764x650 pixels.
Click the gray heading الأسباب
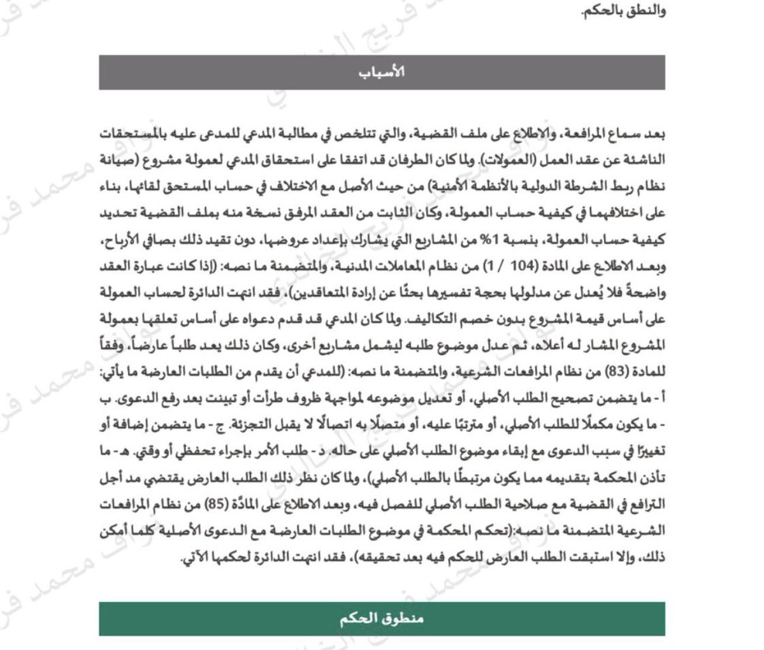point(382,72)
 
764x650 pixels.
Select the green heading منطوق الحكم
point(382,619)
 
